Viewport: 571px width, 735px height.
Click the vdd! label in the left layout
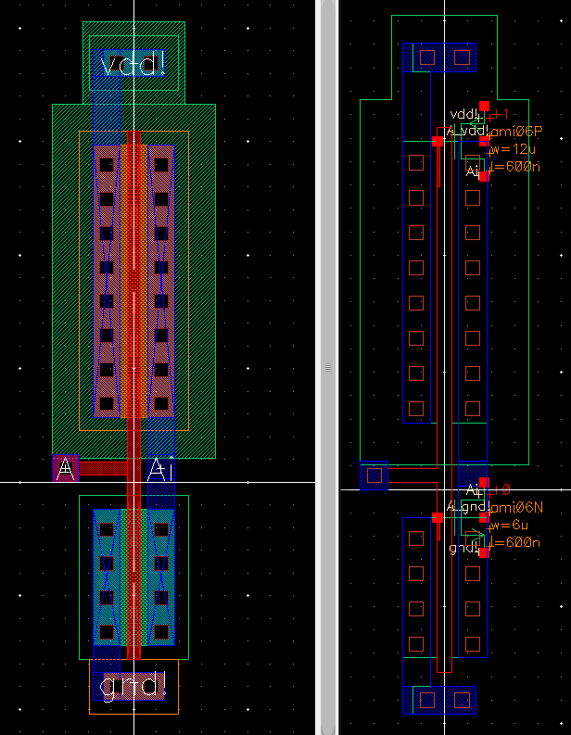coord(133,66)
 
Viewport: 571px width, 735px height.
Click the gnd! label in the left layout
coord(133,687)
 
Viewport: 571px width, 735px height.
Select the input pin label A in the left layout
coord(66,470)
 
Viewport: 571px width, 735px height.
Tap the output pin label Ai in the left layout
coord(161,470)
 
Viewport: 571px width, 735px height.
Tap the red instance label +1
coord(501,114)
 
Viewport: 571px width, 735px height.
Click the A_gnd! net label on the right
coord(466,507)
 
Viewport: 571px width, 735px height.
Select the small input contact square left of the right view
coord(374,475)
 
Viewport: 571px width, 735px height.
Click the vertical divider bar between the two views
coord(327,367)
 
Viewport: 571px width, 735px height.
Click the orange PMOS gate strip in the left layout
coord(133,278)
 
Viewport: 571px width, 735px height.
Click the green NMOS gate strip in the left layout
coord(133,575)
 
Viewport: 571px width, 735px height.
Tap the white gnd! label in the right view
coord(463,548)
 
